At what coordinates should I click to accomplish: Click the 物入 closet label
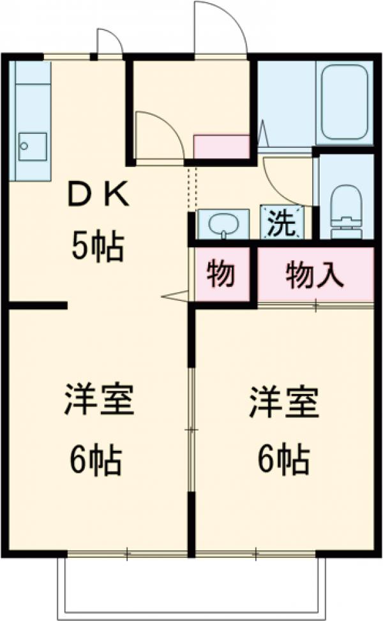315,275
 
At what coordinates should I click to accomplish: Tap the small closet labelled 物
221,275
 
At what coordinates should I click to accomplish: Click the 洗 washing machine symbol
281,222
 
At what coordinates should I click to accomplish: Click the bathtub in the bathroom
345,102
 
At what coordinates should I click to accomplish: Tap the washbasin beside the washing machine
223,224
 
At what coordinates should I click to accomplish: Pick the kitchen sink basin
32,147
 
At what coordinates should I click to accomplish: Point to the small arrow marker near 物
176,295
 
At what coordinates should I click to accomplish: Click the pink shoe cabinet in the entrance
221,147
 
